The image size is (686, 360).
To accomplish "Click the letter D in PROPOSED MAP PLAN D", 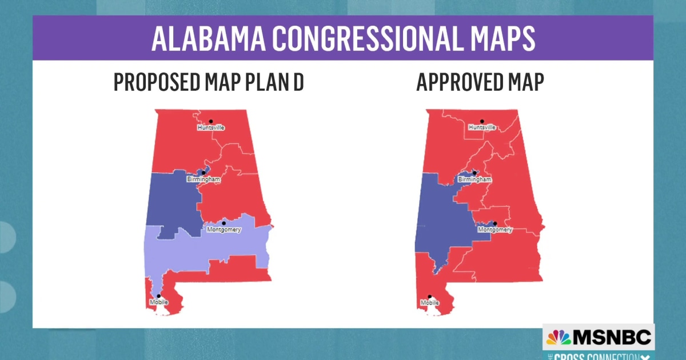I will click(x=298, y=82).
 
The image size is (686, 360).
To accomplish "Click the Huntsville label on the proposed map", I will click(x=210, y=127).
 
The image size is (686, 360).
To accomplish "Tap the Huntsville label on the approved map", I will click(x=482, y=127).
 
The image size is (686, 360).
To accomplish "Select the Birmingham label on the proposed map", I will click(x=203, y=179).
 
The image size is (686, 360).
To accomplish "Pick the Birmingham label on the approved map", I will click(x=474, y=179).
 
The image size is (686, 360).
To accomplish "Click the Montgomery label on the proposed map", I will click(x=224, y=230).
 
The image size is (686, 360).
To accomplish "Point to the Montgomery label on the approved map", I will click(x=495, y=230).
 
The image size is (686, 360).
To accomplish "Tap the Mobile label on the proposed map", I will click(x=158, y=302).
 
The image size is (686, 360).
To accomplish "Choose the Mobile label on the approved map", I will click(x=429, y=302).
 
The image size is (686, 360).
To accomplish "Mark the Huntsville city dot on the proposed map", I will click(x=210, y=121).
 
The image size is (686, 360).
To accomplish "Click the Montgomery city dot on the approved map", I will click(x=495, y=223).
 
